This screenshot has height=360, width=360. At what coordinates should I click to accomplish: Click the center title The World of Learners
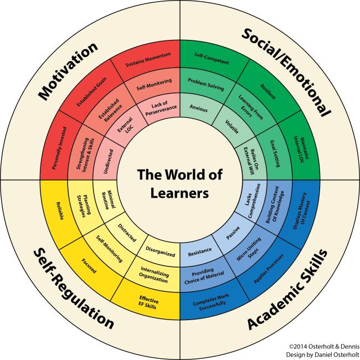click(x=179, y=184)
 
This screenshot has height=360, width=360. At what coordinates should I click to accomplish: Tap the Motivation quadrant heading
click(x=68, y=71)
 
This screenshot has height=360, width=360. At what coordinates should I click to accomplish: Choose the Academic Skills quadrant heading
click(x=287, y=289)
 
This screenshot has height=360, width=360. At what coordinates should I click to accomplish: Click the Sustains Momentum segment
click(x=148, y=60)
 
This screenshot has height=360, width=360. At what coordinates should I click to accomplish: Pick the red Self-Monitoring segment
click(x=154, y=85)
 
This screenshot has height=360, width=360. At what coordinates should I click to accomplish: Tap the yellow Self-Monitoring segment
click(x=109, y=249)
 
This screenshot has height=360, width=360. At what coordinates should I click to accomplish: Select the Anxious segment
click(x=199, y=108)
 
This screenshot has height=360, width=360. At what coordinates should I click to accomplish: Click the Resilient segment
click(x=268, y=91)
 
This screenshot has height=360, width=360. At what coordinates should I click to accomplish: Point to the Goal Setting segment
click(x=275, y=153)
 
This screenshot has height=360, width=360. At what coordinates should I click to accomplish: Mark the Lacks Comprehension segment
click(x=251, y=201)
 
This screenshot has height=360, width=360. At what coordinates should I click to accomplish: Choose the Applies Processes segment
click(x=269, y=269)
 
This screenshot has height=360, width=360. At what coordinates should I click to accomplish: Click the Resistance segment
click(x=200, y=252)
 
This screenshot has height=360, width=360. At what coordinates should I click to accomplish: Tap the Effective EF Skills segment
click(x=148, y=302)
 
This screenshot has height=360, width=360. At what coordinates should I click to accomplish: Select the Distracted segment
click(x=127, y=233)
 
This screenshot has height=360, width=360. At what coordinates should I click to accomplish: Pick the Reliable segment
click(x=60, y=211)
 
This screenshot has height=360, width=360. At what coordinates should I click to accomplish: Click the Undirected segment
click(x=109, y=161)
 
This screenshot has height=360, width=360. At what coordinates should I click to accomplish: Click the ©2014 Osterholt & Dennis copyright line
click(x=324, y=347)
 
